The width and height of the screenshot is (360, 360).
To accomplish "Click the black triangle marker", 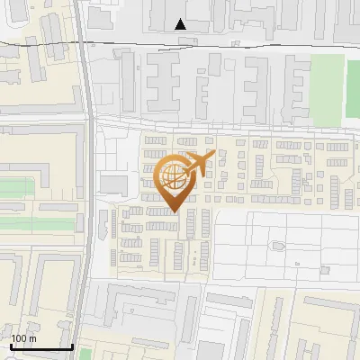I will (181, 24).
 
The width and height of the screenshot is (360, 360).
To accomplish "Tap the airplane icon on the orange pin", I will (199, 164).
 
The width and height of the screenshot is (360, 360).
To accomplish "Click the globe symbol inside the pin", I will (173, 178).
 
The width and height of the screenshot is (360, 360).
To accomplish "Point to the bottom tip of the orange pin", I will (174, 212).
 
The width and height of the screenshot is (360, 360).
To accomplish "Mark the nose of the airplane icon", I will (213, 155).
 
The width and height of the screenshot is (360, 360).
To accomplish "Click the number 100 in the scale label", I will (18, 338).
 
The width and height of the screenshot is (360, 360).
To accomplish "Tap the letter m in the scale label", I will (31, 338).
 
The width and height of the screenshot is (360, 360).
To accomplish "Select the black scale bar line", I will (41, 346).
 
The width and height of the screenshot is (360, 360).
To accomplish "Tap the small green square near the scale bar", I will (85, 353).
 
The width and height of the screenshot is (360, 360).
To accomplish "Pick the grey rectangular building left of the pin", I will (114, 184).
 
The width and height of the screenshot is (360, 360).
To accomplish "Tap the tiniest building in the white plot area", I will (295, 264).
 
